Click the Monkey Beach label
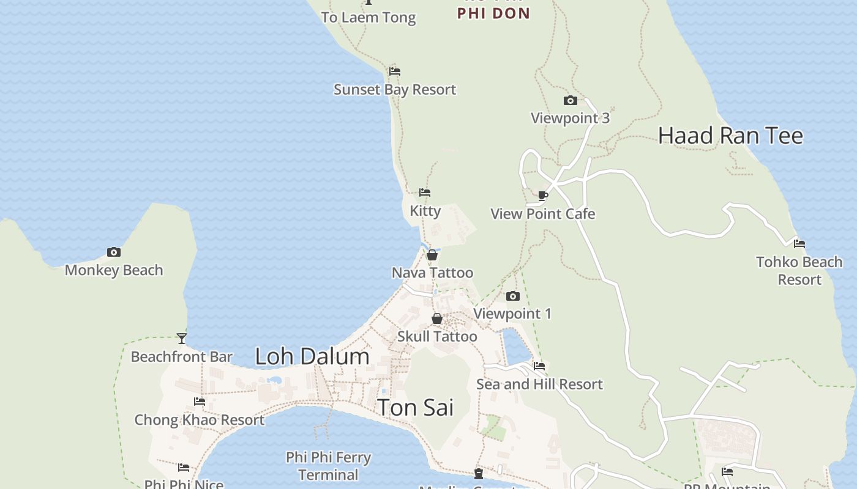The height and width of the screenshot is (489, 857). pos(114,270)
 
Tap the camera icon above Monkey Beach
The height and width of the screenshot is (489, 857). pos(114,252)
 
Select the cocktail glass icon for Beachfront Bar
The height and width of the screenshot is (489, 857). pos(182,338)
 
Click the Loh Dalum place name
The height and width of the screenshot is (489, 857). pos(312,356)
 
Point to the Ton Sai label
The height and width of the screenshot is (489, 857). pos(415,407)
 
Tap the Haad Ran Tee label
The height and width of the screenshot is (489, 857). pos(730,135)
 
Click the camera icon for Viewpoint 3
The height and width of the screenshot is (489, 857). pos(570,100)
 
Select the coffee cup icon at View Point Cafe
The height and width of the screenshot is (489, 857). pos(542,196)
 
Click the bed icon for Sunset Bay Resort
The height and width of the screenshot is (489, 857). pos(395,72)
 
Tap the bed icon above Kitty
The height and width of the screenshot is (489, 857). pos(425,193)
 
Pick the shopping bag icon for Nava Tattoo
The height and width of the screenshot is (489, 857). pos(432,255)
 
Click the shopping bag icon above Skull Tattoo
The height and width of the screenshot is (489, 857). pos(437,318)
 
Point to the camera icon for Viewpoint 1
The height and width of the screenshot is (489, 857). pos(513,296)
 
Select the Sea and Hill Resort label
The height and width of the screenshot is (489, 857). pos(539,384)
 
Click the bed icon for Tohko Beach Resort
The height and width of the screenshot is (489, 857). pos(799,244)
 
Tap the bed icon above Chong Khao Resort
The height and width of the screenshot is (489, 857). pos(200,402)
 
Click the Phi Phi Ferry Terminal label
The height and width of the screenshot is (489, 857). pos(329,466)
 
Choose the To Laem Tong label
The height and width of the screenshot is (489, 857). pos(369,18)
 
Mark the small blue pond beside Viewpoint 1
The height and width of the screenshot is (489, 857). pos(515,346)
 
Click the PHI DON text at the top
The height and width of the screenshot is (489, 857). pos(493,13)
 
